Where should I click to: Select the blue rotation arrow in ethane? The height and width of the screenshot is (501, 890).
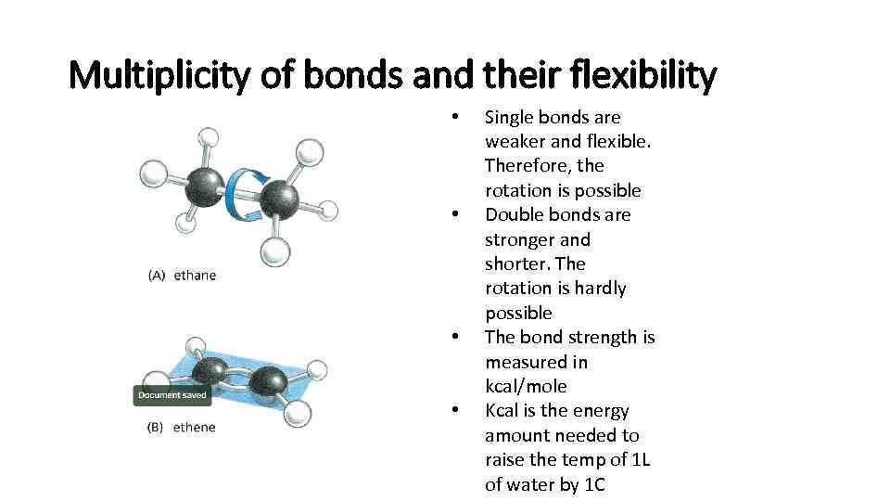[x=244, y=193]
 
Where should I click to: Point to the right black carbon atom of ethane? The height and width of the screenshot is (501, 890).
[x=278, y=199]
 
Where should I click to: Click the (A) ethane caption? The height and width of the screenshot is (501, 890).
[x=182, y=276]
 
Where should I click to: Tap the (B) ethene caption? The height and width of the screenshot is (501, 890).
[x=182, y=428]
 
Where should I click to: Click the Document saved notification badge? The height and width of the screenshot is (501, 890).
[x=173, y=395]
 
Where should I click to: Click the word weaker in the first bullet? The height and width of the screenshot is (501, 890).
[x=516, y=142]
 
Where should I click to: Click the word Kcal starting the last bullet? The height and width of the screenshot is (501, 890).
[x=504, y=411]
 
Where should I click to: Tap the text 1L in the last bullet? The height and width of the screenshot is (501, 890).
[x=640, y=460]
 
